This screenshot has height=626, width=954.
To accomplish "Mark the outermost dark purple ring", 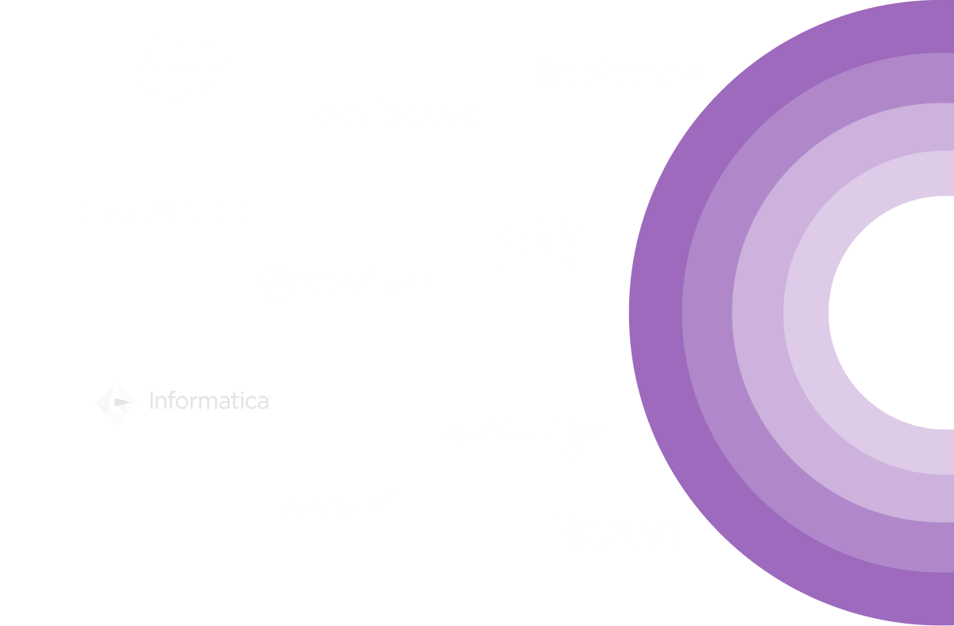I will point(655,311).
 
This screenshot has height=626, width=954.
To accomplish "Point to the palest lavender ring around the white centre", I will point(805,311).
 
